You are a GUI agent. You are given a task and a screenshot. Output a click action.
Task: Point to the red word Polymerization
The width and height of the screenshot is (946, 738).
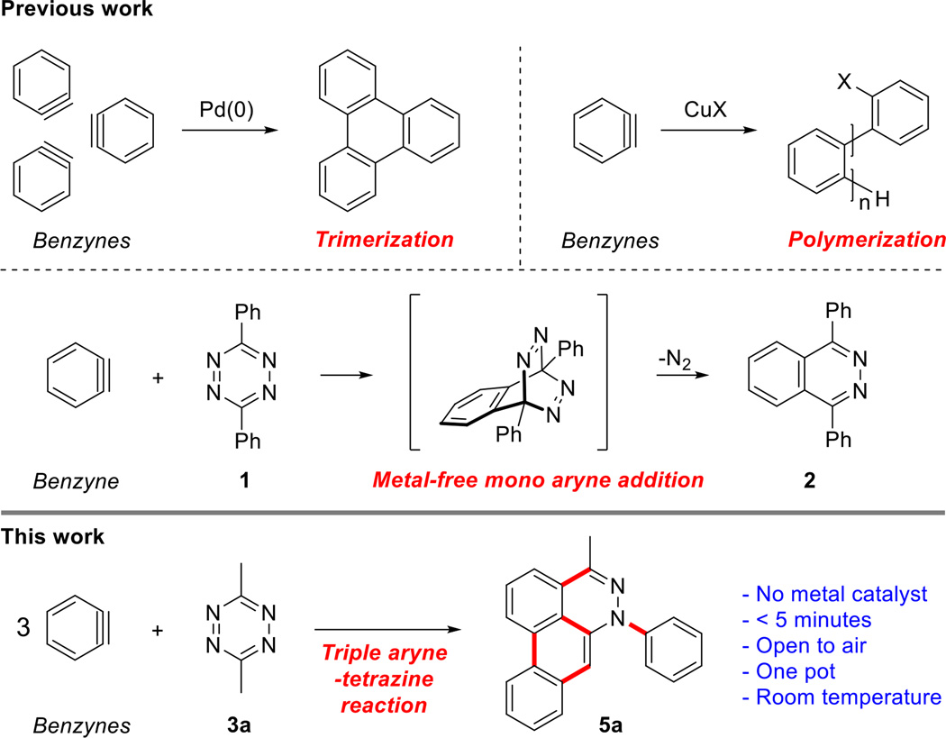coord(870,240)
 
